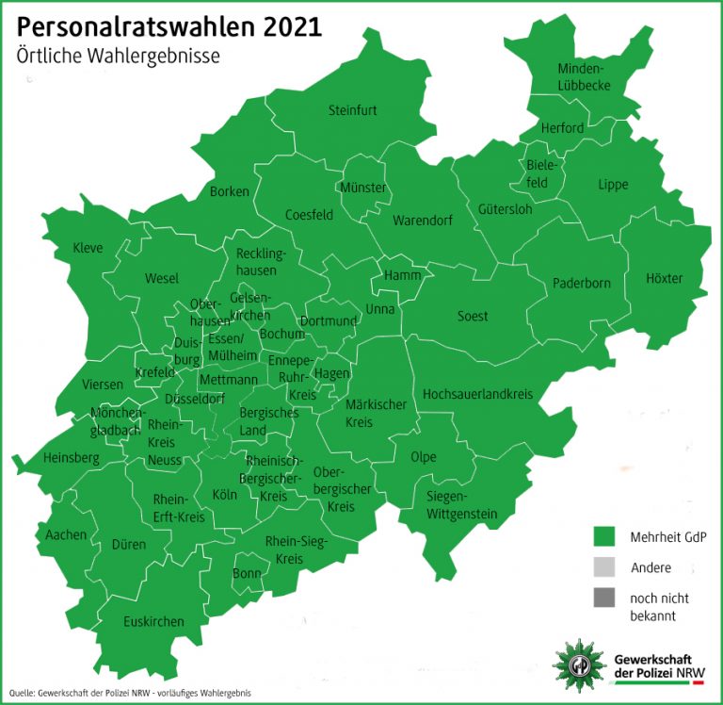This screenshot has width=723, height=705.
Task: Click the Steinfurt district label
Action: [x=353, y=110]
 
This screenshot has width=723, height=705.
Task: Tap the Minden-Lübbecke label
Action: [x=585, y=77]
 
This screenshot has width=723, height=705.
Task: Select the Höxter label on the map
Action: [x=664, y=278]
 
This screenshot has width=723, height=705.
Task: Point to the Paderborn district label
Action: [x=581, y=283]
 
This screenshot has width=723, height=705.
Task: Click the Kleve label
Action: [x=88, y=248]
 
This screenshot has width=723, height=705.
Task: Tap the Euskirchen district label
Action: [x=153, y=621]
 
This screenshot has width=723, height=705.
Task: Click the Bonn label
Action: [x=247, y=574]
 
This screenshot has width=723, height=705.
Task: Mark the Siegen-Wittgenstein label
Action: [x=461, y=505]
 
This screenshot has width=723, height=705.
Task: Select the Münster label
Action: [x=363, y=188]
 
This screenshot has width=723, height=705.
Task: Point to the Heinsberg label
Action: [x=71, y=458]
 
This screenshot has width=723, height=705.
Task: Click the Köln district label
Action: [x=225, y=494]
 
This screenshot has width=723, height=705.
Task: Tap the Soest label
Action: [x=473, y=316]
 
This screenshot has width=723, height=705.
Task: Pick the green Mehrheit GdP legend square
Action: [x=604, y=536]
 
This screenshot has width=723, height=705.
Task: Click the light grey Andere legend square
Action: [x=604, y=566]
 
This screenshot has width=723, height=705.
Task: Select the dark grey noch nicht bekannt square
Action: [x=604, y=597]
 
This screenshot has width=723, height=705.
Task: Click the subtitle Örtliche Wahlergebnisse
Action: [x=118, y=56]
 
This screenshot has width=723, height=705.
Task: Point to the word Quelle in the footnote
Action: [x=21, y=694]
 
